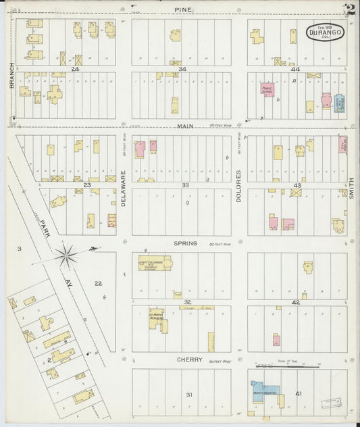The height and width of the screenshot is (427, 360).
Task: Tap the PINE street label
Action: click(181, 9)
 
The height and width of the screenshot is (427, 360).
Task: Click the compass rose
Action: click(67, 255)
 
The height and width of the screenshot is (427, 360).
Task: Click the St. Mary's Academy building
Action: click(157, 318)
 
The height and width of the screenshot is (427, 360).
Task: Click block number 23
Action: click(86, 184)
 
